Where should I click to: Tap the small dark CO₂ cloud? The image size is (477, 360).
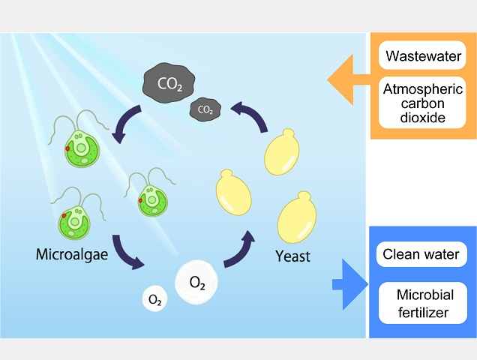coord(204,109)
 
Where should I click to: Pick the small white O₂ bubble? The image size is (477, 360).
coord(155,300)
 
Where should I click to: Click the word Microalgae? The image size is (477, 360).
coord(72,255)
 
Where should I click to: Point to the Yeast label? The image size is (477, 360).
coord(292,256)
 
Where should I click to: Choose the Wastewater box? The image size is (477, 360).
coord(423,55)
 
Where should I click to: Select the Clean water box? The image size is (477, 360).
coord(421,253)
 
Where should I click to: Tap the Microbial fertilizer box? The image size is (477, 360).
coord(421,304)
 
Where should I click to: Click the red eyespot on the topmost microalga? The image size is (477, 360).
coord(66,148)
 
